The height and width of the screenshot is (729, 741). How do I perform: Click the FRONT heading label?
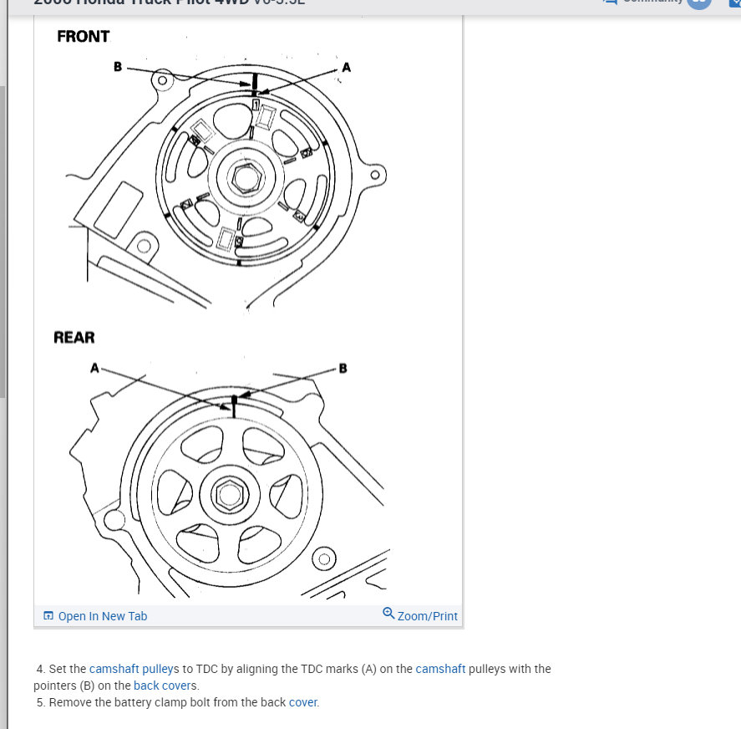click(x=83, y=37)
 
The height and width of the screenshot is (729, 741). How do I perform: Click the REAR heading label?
click(x=74, y=338)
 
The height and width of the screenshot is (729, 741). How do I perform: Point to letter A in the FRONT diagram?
click(x=346, y=67)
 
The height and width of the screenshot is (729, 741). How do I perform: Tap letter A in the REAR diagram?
click(x=94, y=367)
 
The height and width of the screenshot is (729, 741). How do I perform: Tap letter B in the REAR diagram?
click(x=343, y=368)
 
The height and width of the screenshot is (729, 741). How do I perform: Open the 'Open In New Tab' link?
click(x=102, y=616)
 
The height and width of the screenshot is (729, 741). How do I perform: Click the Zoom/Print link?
click(x=427, y=616)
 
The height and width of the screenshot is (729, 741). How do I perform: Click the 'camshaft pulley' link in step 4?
click(x=129, y=669)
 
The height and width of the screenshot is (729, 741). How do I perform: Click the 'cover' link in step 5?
click(x=302, y=702)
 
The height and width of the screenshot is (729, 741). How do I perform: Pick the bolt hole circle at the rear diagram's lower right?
click(x=324, y=558)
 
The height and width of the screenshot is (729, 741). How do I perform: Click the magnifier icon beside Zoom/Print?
click(x=388, y=614)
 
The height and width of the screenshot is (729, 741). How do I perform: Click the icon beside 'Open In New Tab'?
click(x=48, y=616)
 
